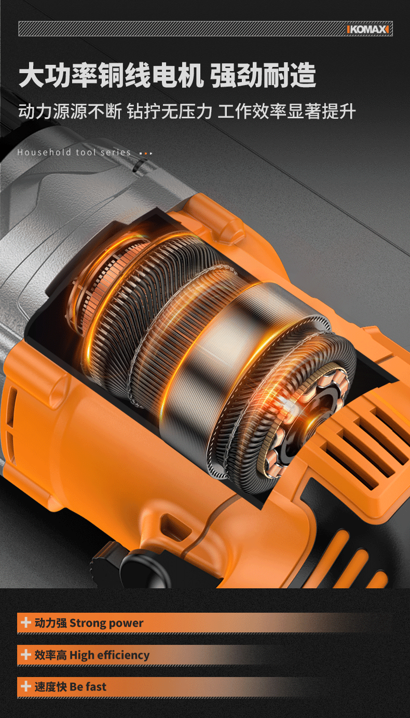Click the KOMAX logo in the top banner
(368, 30)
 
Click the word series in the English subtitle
(116, 153)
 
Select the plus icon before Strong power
(25, 623)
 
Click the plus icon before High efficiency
(25, 655)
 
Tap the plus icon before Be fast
(25, 686)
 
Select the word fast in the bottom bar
(96, 686)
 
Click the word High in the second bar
(82, 655)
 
